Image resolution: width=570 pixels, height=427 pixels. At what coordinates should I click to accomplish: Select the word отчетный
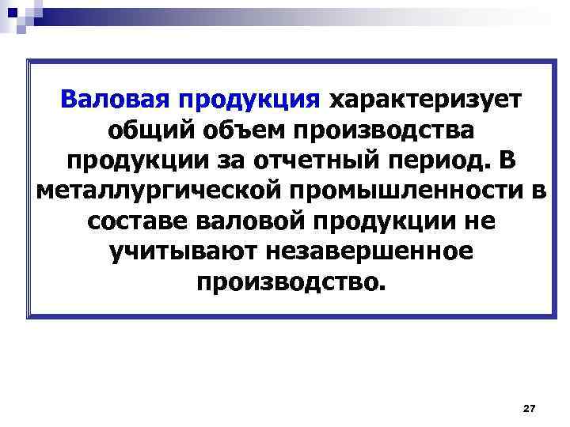coord(328,160)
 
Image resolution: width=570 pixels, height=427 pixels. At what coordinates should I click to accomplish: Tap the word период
coord(449,160)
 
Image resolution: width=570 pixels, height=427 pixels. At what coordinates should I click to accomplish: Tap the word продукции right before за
coord(148,160)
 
